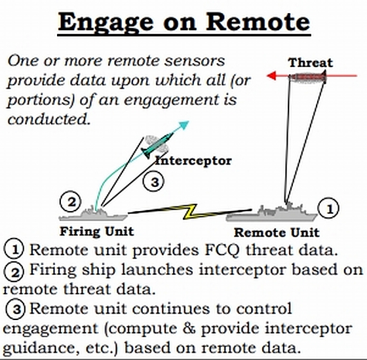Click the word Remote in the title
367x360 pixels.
coord(258,22)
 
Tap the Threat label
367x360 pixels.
coord(311,62)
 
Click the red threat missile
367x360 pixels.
coord(307,77)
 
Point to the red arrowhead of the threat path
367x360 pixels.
coord(271,75)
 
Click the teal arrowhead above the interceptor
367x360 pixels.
coord(183,125)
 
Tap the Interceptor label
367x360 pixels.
coord(193,161)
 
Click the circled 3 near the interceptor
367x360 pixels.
coord(154,182)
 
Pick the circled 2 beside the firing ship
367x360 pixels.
coord(71,202)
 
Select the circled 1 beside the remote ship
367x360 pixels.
coord(328,208)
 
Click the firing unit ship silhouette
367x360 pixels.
coord(93,214)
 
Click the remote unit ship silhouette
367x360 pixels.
coord(271,212)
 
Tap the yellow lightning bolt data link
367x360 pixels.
coord(189,212)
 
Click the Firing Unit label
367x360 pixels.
coord(97,231)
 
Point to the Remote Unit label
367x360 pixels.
coord(277,233)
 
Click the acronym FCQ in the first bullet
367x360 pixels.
coord(222,250)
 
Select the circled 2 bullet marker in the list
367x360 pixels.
coord(14,272)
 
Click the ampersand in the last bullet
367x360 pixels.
coord(189,328)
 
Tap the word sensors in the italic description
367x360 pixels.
coord(194,61)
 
